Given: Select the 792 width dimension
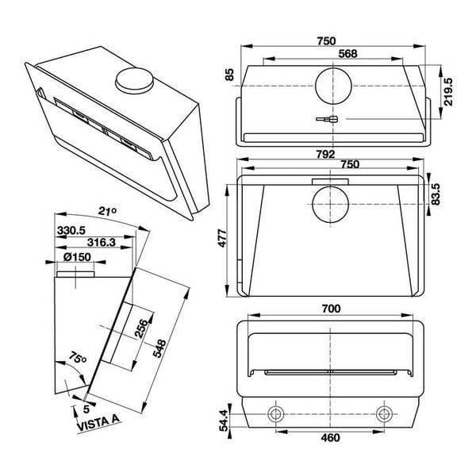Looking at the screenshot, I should click(326, 153).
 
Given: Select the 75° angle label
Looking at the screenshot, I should click(76, 358).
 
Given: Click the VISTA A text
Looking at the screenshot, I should click(94, 424).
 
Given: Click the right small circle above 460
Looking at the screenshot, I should click(384, 413).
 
